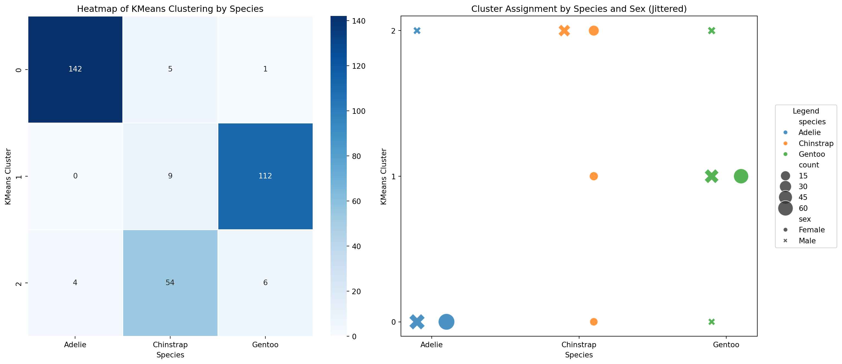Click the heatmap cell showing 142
[x=75, y=69]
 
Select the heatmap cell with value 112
[x=265, y=176]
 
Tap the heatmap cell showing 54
[x=170, y=283]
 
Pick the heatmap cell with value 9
[x=170, y=176]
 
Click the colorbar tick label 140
[x=358, y=21]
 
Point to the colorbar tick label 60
[x=356, y=201]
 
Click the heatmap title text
[x=170, y=9]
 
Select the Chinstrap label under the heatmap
[x=170, y=345]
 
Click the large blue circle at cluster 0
[x=446, y=322]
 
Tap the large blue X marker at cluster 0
[x=417, y=322]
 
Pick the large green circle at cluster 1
[x=741, y=177]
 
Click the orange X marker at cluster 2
[x=564, y=31]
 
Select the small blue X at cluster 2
[x=417, y=31]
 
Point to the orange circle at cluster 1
[x=594, y=177]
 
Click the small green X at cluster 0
[x=712, y=322]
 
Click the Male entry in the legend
[x=807, y=241]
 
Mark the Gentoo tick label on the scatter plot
[x=726, y=345]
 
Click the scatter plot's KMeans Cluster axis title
[x=383, y=177]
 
